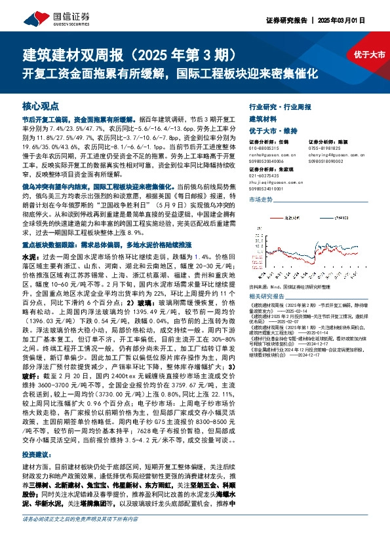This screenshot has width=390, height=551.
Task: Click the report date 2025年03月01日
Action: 357,20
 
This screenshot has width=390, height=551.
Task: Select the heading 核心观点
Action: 41,105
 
